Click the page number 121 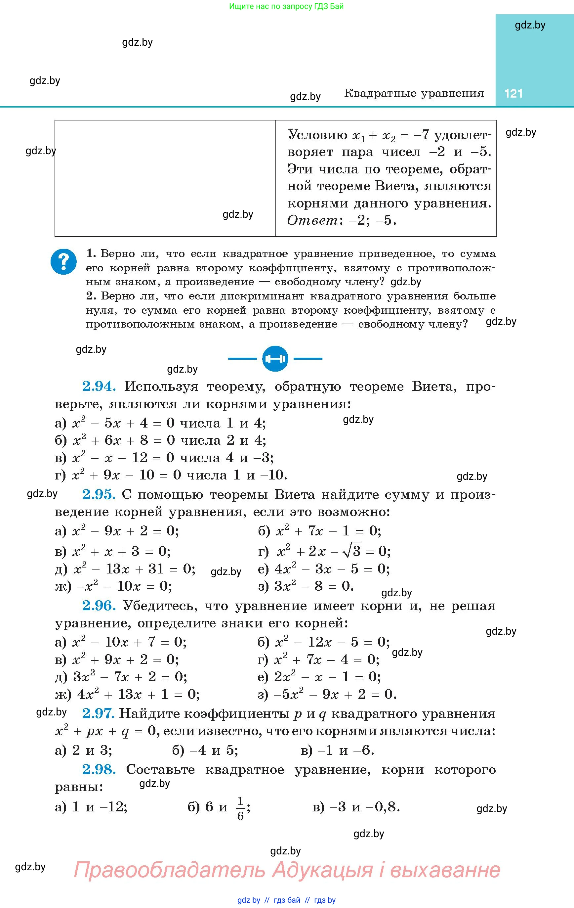pyautogui.click(x=513, y=93)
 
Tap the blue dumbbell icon pyautogui.click(x=275, y=359)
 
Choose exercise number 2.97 pyautogui.click(x=98, y=713)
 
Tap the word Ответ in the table pyautogui.click(x=312, y=220)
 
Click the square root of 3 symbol pyautogui.click(x=351, y=552)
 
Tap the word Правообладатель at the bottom pyautogui.click(x=169, y=870)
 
